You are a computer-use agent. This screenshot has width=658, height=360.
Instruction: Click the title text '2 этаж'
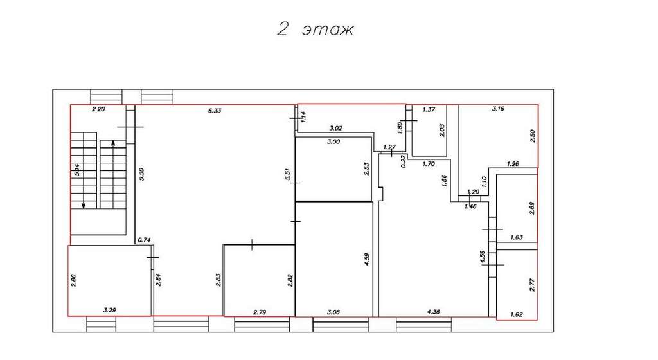(316, 29)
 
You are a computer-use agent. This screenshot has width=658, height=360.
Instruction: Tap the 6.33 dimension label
(215, 111)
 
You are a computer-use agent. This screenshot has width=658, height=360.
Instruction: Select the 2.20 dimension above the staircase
(98, 109)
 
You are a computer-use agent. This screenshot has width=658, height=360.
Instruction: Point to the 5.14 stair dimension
(76, 169)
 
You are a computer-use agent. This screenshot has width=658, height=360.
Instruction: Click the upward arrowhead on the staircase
(113, 143)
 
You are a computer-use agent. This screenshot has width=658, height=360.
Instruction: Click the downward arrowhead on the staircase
(84, 205)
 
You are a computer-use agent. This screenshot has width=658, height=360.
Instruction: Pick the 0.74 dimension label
(144, 240)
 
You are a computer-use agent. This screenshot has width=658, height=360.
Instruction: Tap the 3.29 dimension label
(109, 310)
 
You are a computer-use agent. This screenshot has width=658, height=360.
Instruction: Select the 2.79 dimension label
(260, 312)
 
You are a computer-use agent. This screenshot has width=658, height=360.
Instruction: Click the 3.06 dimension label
(333, 312)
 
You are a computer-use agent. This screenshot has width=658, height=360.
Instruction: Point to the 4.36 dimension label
(433, 312)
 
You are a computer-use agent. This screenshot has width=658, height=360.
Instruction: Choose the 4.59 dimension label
(367, 259)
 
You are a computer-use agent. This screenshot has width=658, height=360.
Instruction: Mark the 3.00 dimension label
(333, 141)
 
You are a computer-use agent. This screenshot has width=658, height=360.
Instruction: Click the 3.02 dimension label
(337, 128)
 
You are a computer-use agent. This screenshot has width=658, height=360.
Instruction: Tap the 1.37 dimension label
(429, 109)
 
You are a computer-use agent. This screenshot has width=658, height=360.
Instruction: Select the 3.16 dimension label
(498, 109)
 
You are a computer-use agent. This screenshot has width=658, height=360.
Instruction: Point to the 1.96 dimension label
(513, 164)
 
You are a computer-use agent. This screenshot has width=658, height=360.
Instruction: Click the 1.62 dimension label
(517, 314)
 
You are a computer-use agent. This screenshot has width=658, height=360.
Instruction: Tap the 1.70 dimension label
(429, 164)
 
